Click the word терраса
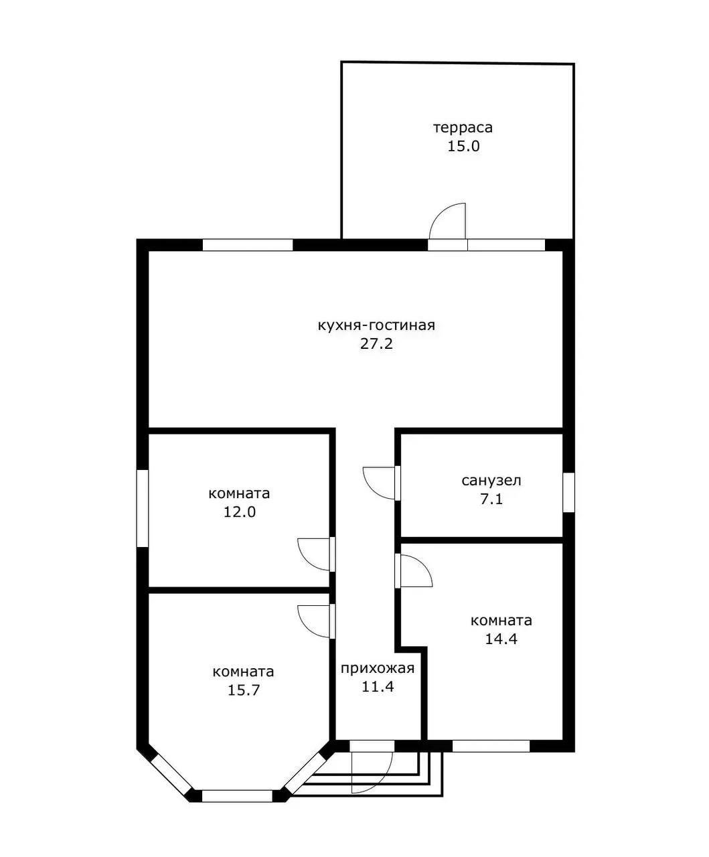[x=463, y=128]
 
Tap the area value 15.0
[x=463, y=147]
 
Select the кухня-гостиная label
[x=376, y=325]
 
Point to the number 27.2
[x=376, y=344]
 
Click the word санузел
[x=491, y=481]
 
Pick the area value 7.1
[x=491, y=499]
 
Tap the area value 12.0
[x=239, y=512]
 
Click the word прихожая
[x=378, y=668]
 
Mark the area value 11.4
[x=378, y=687]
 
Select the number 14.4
[x=501, y=639]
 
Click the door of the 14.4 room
[x=424, y=565]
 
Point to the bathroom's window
[x=568, y=492]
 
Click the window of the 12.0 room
[x=142, y=508]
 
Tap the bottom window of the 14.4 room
[x=491, y=746]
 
